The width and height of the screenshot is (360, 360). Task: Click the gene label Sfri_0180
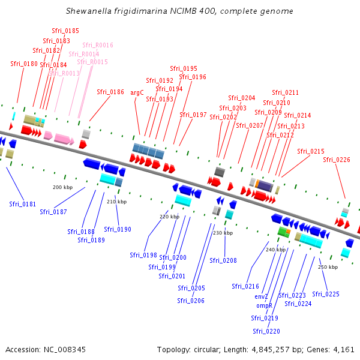pos(24,64)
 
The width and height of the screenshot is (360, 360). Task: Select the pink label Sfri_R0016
pos(98,45)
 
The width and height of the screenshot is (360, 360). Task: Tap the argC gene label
pos(137,93)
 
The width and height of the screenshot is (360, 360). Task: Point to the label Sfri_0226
pos(337,160)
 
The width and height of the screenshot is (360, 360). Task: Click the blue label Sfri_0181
pos(22,204)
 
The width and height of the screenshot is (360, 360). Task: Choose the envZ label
pos(261,296)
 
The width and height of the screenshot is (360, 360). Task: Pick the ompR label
pos(264,305)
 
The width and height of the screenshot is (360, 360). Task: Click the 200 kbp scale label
pos(62,187)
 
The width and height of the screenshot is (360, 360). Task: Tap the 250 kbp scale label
pos(328,266)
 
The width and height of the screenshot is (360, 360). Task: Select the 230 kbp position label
pos(223,232)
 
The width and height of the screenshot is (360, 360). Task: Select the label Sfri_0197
pos(193,115)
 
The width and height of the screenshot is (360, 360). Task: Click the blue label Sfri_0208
pos(223,260)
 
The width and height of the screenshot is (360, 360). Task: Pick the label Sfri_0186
pos(110,92)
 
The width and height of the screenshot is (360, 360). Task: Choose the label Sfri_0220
pos(266,331)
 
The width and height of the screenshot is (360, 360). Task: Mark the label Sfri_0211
pos(285,92)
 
